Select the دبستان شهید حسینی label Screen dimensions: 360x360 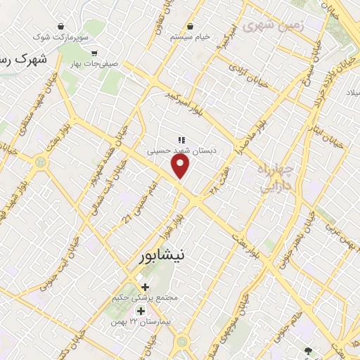182,150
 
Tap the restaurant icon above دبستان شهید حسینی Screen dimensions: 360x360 181,139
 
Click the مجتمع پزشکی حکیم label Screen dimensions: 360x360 146,298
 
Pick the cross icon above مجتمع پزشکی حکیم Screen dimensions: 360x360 146,287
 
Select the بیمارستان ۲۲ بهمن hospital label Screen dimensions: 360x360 147,321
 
